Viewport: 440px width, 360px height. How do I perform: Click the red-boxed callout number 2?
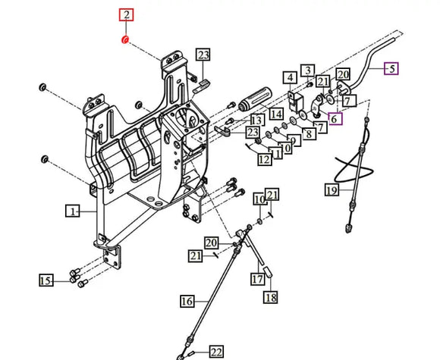click(126, 15)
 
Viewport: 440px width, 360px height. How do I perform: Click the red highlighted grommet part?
click(125, 40)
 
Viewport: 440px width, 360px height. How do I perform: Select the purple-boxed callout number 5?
click(391, 69)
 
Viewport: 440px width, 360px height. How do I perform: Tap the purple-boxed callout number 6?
click(335, 118)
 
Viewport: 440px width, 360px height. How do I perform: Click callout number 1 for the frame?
click(73, 211)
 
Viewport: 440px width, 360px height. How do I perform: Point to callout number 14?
click(276, 114)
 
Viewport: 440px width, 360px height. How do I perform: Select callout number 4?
click(290, 77)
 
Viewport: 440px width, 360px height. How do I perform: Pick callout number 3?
click(308, 70)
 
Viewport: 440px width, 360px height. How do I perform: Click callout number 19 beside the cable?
click(332, 190)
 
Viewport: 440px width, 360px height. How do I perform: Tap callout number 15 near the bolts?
click(46, 280)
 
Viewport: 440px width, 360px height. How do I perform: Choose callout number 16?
click(187, 302)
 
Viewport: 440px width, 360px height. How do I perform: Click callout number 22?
click(216, 352)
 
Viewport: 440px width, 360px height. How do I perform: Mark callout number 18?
click(271, 297)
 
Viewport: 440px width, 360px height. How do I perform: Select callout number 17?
click(258, 279)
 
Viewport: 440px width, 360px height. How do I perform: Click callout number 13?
click(257, 120)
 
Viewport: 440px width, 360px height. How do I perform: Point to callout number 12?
click(265, 159)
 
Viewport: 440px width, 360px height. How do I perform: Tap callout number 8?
click(309, 133)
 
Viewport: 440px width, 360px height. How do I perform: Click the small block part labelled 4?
click(296, 102)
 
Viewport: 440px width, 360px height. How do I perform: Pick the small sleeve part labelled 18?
click(268, 272)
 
